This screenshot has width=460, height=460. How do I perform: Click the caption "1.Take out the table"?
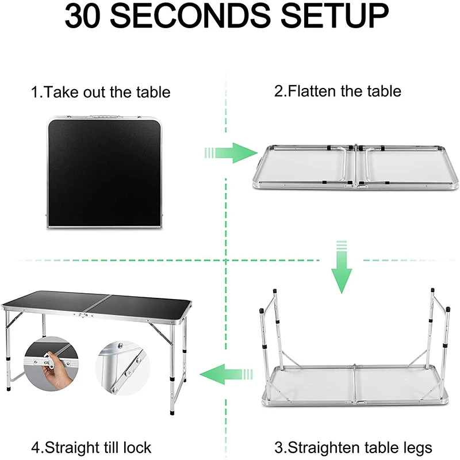coord(101,92)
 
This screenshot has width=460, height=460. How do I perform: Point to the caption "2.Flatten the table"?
coord(338,91)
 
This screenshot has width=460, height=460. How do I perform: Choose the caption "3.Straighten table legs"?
coord(353,447)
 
